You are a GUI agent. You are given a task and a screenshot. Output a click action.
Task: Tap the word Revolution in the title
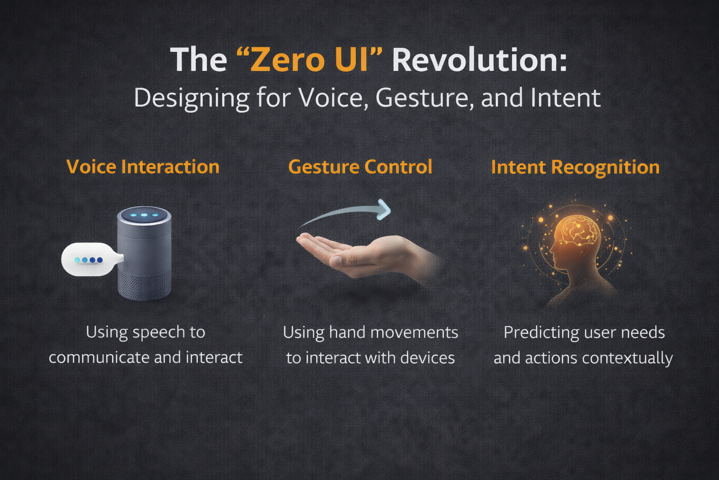pyautogui.click(x=479, y=60)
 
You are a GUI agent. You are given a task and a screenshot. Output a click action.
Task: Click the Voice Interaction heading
pyautogui.click(x=143, y=167)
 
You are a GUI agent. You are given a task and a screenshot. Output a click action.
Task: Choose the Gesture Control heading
pyautogui.click(x=360, y=167)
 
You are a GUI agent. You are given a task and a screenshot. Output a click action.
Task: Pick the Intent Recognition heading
pyautogui.click(x=575, y=167)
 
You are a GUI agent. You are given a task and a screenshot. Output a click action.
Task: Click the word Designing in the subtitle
pyautogui.click(x=191, y=99)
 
